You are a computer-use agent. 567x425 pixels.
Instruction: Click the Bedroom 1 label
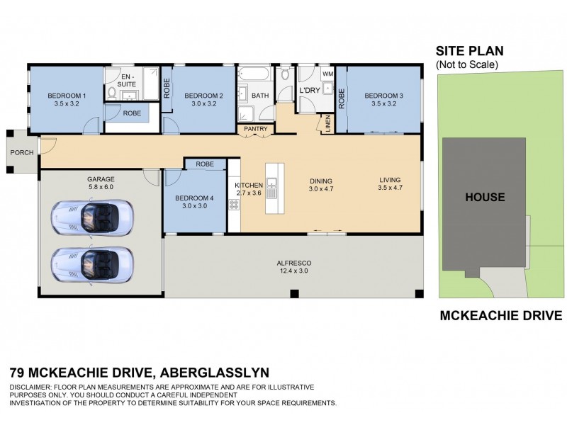(67, 100)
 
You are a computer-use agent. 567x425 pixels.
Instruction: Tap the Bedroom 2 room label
(203, 100)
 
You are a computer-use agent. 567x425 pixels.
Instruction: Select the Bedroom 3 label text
(383, 100)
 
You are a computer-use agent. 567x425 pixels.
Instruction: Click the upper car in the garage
(91, 218)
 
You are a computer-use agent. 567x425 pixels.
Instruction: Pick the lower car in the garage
(91, 264)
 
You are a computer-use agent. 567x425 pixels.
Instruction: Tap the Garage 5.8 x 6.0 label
(101, 183)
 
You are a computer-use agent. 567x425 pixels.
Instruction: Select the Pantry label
(255, 129)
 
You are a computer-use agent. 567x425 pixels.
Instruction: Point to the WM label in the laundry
(327, 73)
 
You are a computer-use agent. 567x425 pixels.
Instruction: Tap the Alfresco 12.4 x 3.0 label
(294, 268)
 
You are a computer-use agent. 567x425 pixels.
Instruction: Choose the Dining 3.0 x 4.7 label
(320, 185)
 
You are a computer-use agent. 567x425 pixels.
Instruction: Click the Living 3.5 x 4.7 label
(390, 185)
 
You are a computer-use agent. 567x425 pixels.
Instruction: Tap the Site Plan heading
(468, 51)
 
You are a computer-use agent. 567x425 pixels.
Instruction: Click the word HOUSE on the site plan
(485, 197)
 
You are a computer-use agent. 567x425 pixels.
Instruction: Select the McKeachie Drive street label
(502, 316)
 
